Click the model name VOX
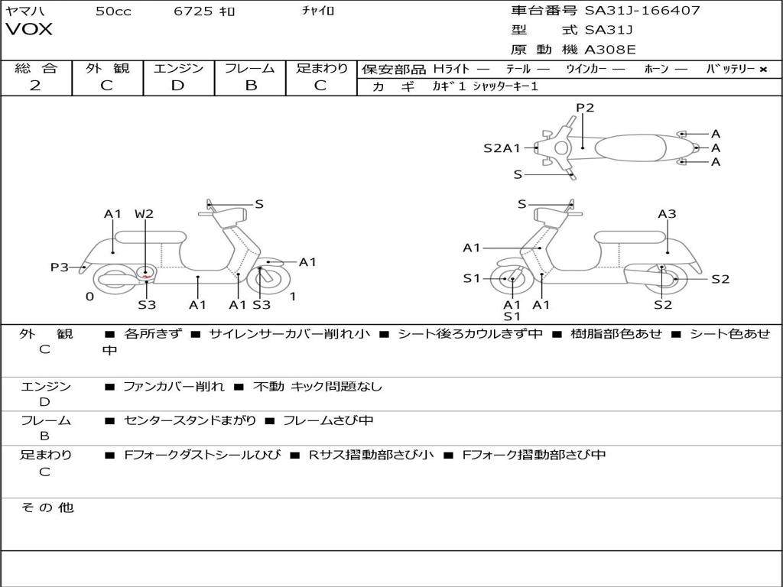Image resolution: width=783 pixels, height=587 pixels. (29, 30)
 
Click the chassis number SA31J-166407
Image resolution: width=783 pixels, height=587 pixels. (642, 11)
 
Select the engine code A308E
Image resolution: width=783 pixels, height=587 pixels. (610, 50)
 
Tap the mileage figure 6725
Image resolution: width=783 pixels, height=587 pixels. (194, 11)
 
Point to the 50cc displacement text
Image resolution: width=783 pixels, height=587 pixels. (113, 11)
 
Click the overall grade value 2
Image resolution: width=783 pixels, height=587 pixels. (35, 86)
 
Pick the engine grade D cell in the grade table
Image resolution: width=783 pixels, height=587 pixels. (178, 86)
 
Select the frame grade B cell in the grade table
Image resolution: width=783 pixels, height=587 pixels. (250, 86)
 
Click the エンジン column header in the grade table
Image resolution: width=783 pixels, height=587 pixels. (178, 68)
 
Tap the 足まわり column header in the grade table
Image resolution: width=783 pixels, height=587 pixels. (322, 68)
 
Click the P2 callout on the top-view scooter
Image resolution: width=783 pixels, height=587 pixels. (585, 108)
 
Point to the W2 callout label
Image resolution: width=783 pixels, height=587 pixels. (144, 214)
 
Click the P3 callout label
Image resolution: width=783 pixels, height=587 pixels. (60, 268)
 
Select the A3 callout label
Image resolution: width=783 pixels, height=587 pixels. (667, 214)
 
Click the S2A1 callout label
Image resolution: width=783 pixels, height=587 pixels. (502, 148)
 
